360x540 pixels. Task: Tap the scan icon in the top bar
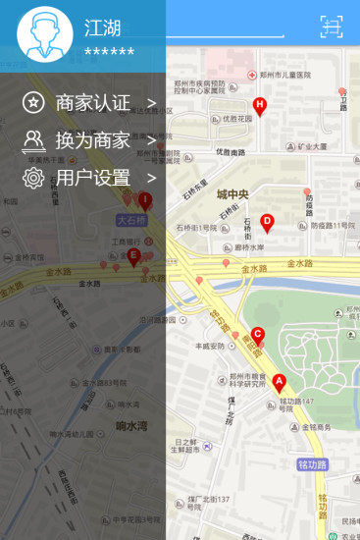coord(332,27)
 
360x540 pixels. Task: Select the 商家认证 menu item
coord(92,102)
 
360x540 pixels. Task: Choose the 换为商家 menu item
coord(92,140)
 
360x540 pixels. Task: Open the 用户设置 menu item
coord(92,178)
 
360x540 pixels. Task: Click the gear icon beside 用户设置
coord(34,178)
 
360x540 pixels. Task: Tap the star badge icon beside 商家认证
coord(34,102)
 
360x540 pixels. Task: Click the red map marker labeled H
coord(260,105)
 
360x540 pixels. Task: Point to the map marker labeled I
coord(145,201)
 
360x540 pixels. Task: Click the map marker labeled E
coord(133,257)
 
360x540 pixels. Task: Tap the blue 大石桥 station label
coord(130,220)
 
